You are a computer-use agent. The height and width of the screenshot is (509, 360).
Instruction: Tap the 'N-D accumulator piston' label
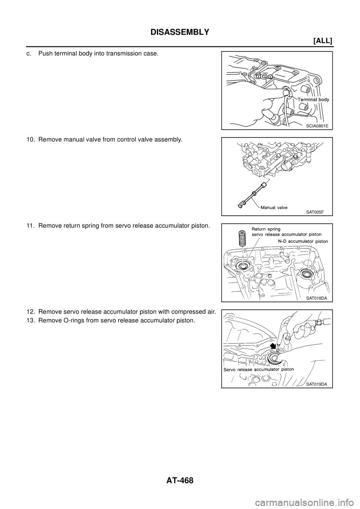click(300, 241)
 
